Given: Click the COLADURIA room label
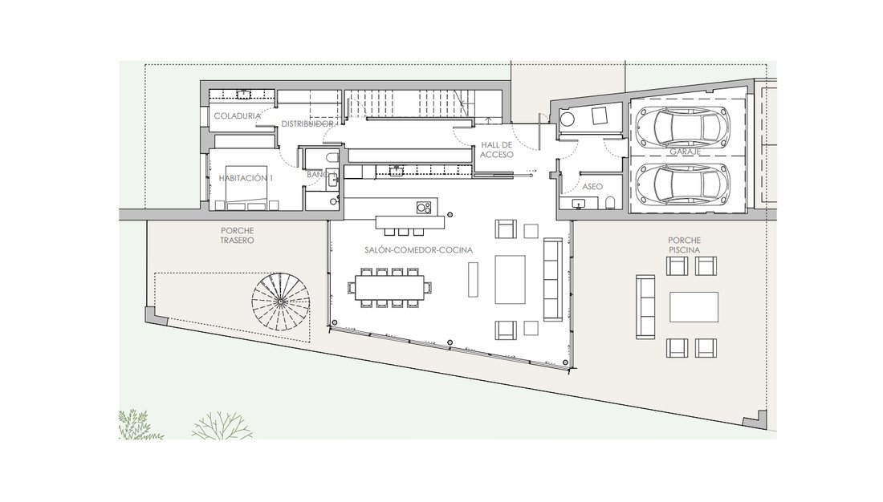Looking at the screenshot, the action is point(237,116).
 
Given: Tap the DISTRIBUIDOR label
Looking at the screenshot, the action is point(307,123).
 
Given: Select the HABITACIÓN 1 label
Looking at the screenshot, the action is point(246,178).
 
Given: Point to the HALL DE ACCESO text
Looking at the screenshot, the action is point(497,150).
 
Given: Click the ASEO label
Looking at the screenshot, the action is point(592,186).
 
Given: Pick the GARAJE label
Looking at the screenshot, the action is point(685,152).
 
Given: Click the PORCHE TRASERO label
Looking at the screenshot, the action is point(237,235).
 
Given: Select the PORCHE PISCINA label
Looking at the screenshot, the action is point(685,245).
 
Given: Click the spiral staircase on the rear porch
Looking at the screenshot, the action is point(280,302).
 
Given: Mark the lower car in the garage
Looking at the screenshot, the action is point(682,184).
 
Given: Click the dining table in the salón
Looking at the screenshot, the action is point(389,288).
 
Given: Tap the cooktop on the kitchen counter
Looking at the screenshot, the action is point(424,208).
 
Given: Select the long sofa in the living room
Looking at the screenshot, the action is point(552,279).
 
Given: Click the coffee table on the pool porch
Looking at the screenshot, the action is point(694,306).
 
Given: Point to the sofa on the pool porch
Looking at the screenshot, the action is point(645,306).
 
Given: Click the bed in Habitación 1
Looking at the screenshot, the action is point(246,188).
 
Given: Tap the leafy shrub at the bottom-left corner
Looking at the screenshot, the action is point(136,425).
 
